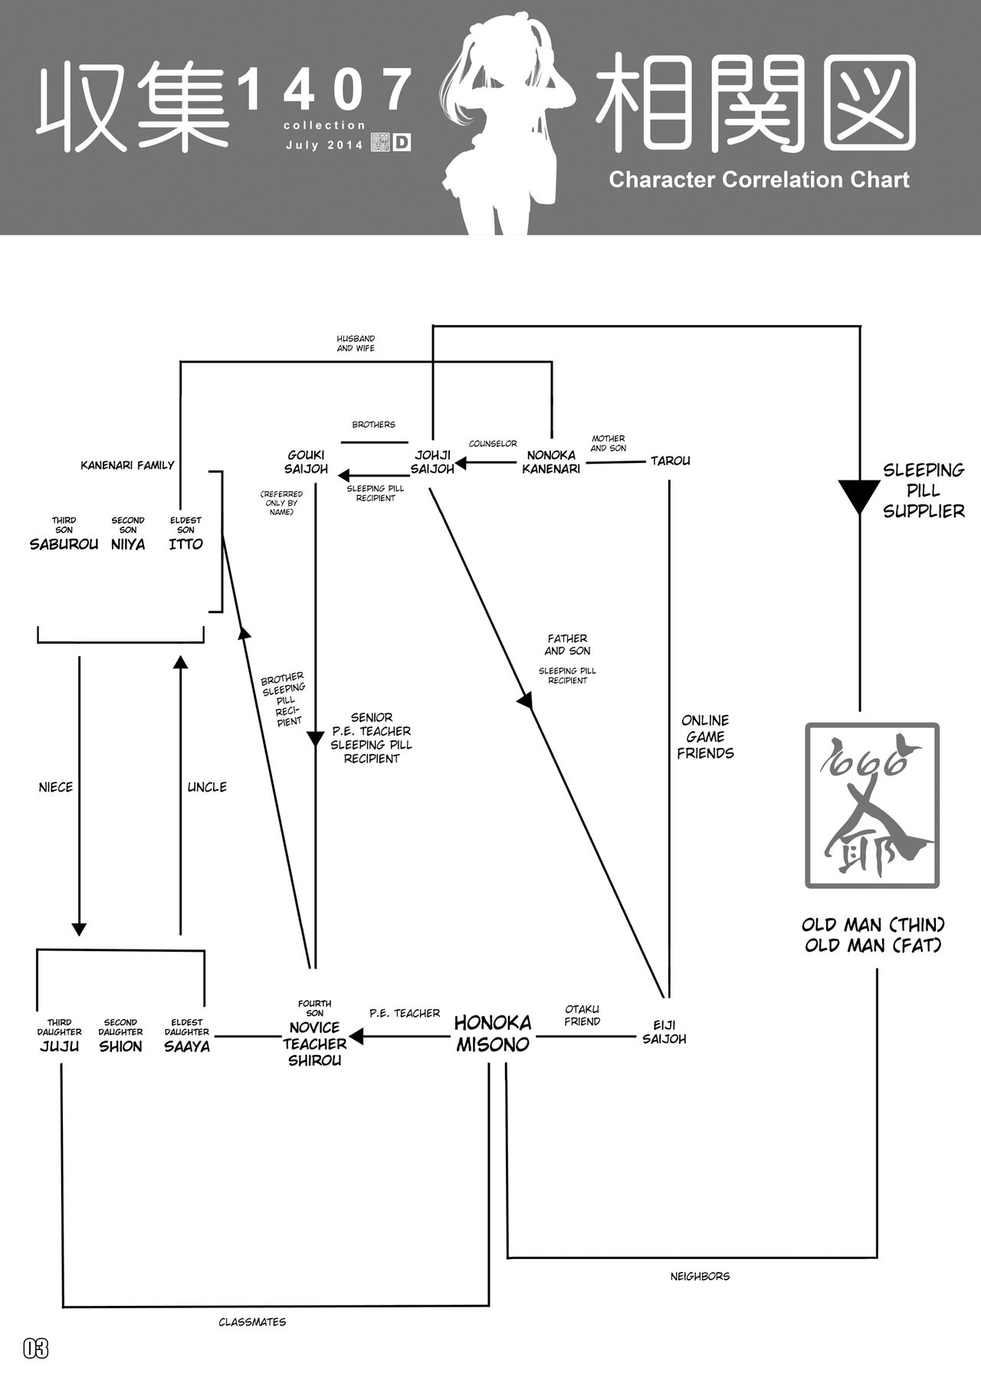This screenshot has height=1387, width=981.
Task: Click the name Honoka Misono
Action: pos(492,1034)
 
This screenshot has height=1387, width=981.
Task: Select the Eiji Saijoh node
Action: pos(664,1032)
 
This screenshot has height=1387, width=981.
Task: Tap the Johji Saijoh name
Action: pos(432,462)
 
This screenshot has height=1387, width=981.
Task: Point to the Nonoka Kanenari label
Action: pos(551,462)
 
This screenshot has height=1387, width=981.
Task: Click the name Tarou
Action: pos(670,461)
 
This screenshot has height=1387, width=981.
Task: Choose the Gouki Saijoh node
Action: pos(306,462)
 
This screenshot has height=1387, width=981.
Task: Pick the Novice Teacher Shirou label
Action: pos(314,1044)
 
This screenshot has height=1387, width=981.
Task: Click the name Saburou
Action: pos(64,544)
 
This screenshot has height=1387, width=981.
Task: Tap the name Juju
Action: pos(59,1046)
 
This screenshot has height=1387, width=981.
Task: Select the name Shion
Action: pos(120,1046)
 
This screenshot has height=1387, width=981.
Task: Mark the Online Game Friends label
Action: pos(705,736)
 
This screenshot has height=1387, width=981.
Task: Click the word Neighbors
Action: pos(700,1276)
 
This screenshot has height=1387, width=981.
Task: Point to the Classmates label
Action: pos(252,1322)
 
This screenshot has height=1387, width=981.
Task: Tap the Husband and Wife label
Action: pos(356,343)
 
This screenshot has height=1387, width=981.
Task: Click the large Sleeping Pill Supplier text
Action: pos(924,490)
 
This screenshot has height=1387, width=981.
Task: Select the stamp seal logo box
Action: pos(871,805)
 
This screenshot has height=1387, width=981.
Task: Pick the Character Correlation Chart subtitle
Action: pos(759,180)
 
